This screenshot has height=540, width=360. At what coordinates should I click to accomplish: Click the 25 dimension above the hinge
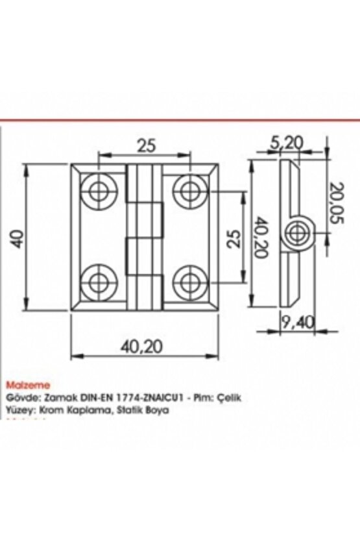coord(147,146)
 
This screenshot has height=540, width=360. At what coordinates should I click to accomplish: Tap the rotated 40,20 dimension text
coord(261,238)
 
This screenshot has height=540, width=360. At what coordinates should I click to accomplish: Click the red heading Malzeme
coord(23,385)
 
